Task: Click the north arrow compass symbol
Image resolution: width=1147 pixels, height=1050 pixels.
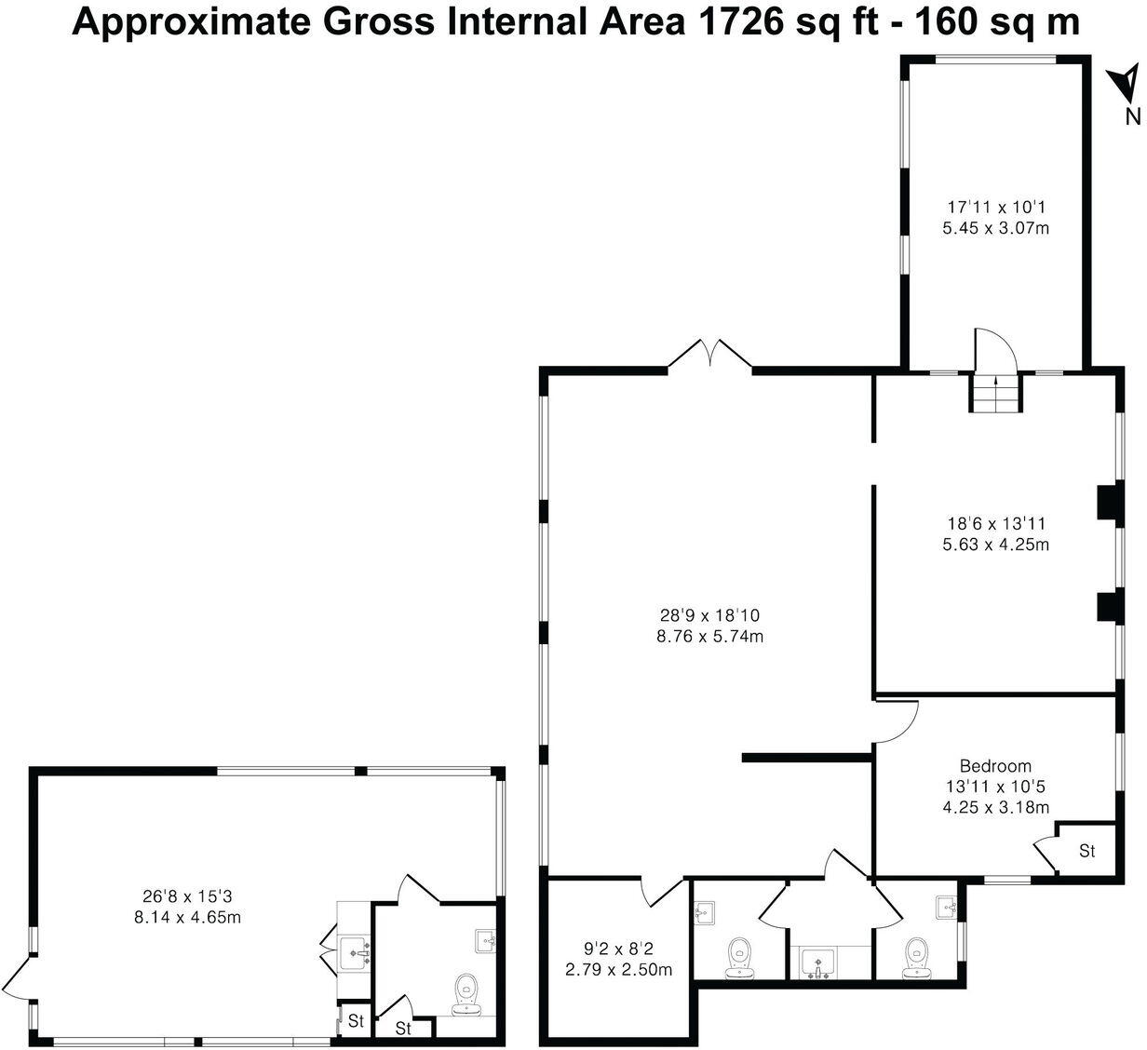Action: [x=1125, y=83]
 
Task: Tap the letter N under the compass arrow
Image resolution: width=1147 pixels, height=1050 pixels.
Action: [x=1132, y=116]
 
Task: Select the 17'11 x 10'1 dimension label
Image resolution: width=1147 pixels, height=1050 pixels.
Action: [x=995, y=207]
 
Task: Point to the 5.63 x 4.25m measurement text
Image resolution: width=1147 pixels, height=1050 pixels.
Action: [x=995, y=545]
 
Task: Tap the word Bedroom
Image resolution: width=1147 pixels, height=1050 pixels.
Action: [x=995, y=766]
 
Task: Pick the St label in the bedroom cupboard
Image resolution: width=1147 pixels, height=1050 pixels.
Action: [x=1086, y=851]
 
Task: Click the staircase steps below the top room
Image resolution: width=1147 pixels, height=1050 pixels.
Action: [x=996, y=394]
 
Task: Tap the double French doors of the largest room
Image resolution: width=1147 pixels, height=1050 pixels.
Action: [x=709, y=356]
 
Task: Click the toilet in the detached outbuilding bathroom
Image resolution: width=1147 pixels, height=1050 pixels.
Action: [x=466, y=993]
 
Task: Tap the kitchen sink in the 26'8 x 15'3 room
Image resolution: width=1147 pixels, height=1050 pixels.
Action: [x=355, y=951]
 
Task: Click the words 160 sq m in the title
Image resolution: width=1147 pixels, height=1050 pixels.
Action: [x=998, y=21]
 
